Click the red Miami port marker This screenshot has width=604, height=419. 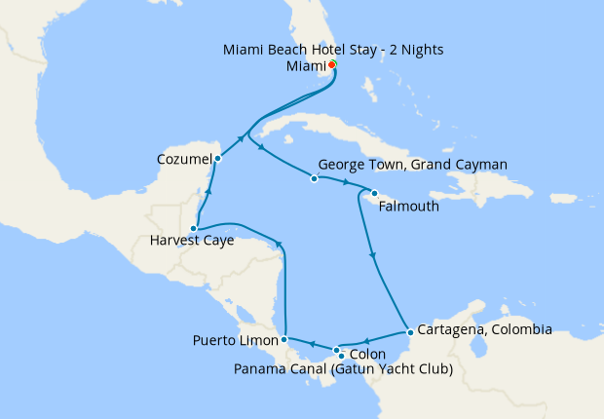coord(333,65)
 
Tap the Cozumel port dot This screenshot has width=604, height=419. coord(218,158)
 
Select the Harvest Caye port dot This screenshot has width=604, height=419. coord(194,228)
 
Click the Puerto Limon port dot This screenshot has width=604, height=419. coord(283,339)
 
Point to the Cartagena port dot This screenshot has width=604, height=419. coord(410,332)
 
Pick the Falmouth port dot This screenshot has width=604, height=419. coord(374,193)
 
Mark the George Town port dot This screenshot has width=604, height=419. coord(314,178)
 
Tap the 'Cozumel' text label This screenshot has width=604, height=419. coord(184,158)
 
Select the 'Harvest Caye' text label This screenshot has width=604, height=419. coord(193,241)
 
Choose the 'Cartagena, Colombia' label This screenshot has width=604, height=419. coord(484,329)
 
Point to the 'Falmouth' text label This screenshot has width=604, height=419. coord(407,207)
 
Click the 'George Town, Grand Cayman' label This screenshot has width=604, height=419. coord(413,165)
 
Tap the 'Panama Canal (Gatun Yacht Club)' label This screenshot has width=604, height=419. coord(346,368)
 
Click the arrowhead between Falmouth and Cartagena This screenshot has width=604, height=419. coord(373,256)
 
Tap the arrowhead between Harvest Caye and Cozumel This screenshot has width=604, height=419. coord(208,192)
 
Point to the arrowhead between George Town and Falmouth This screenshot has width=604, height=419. coord(346,183)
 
